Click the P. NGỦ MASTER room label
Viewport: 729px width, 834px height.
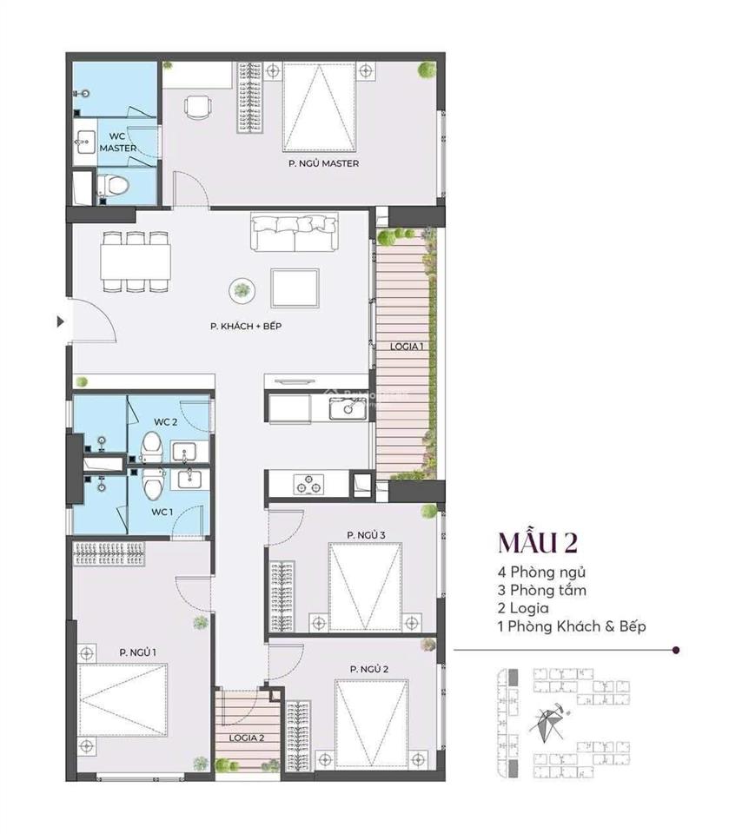point(324,163)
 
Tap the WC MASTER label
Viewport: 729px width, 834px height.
point(117,142)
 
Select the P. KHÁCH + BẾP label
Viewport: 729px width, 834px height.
point(246,327)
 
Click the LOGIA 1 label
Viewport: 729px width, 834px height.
point(407,346)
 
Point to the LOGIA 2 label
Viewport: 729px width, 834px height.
point(247,737)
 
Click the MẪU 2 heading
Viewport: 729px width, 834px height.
point(538,541)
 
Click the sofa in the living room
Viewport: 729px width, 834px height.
point(295,232)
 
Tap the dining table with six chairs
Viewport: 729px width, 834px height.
point(134,261)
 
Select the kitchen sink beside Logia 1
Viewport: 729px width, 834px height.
point(345,408)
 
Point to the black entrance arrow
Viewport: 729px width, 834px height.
point(60,321)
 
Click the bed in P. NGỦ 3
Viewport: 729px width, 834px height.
point(365,582)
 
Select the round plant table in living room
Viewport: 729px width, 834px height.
point(242,290)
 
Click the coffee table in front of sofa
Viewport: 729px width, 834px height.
point(295,288)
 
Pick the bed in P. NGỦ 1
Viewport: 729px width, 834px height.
point(122,700)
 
